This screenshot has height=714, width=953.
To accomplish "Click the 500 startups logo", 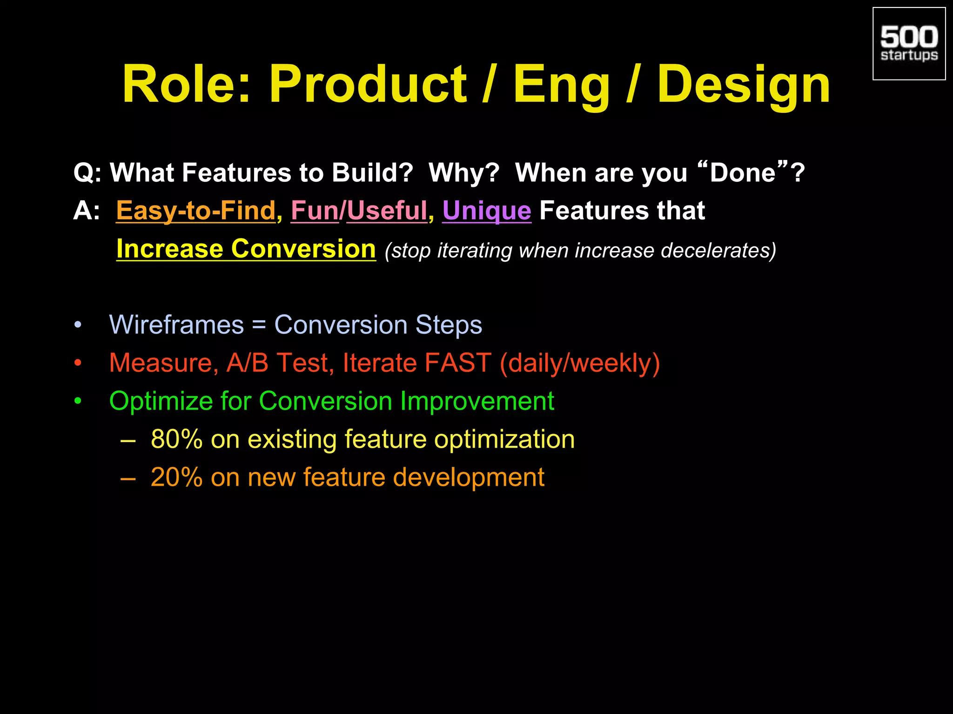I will [x=908, y=44].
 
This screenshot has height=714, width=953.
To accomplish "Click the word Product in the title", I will [x=368, y=85].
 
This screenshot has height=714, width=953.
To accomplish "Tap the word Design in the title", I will [x=743, y=85].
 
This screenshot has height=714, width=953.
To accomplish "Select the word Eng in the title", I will [x=561, y=85].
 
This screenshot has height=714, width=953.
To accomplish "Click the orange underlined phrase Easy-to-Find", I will [x=196, y=211].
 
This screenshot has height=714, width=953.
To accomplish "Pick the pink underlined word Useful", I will [x=387, y=211].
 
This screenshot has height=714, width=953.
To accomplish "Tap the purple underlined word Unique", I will [x=486, y=211].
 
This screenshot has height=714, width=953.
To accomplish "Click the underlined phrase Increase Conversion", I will [x=246, y=249].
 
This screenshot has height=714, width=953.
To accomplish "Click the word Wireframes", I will [x=176, y=324].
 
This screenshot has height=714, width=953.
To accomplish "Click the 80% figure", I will [x=176, y=439].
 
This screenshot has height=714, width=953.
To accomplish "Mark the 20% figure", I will [x=176, y=477].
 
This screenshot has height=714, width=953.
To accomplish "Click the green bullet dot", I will [x=78, y=401].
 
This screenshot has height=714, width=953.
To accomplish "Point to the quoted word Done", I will [x=743, y=173].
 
